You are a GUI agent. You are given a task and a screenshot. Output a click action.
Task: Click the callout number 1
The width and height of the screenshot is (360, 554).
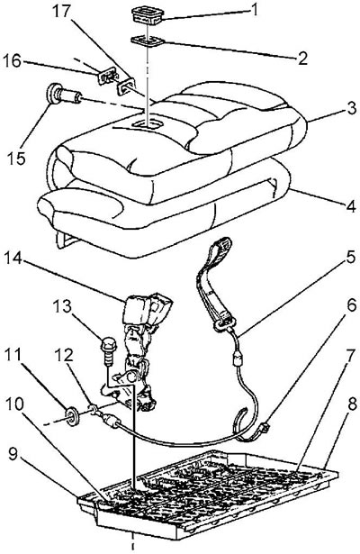pyautogui.click(x=253, y=11)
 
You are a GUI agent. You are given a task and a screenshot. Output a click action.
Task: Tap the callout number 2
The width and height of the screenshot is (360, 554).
pyautogui.click(x=302, y=59)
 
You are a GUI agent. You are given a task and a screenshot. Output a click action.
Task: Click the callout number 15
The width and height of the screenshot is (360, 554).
pyautogui.click(x=16, y=158)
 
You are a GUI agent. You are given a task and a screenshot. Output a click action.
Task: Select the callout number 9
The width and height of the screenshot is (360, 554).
pyautogui.click(x=13, y=454)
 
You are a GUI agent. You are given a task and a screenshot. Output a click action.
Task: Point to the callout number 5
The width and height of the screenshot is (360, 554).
pyautogui.click(x=350, y=258)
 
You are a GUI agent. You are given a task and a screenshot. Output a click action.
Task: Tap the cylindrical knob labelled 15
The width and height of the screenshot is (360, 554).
pyautogui.click(x=64, y=94)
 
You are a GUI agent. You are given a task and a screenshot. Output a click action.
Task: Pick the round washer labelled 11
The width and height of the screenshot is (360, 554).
pyautogui.click(x=72, y=416)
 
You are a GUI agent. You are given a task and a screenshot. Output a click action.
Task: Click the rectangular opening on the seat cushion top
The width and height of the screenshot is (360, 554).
pyautogui.click(x=148, y=124)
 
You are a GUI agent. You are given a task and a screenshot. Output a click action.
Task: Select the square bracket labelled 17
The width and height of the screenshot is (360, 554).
pyautogui.click(x=126, y=86)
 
